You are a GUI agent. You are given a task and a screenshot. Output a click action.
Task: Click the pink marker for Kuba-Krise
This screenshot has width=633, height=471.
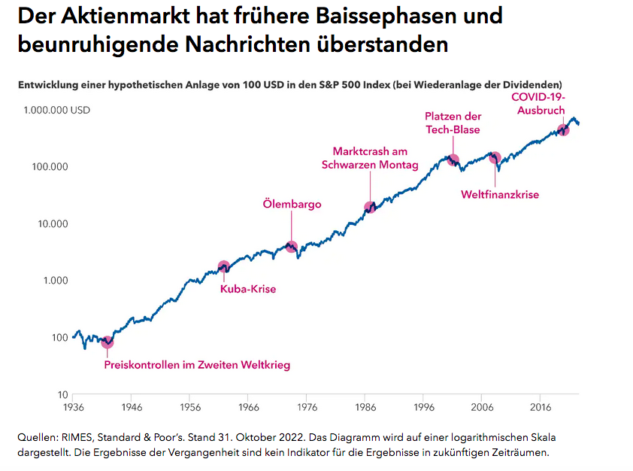point(223,266)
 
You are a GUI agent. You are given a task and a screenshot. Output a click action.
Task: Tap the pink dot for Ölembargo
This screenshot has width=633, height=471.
point(292,246)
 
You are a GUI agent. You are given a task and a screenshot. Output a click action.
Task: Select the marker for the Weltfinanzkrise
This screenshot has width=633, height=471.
point(495,157)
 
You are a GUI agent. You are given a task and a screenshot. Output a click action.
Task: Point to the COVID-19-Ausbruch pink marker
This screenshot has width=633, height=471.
point(563,129)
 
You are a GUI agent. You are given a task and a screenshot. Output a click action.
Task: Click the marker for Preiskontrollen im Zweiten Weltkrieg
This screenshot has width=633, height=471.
point(108,343)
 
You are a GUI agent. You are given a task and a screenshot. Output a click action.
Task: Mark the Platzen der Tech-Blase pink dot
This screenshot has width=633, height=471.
point(453,160)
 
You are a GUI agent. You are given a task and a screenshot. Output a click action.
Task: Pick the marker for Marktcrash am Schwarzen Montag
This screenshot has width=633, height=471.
point(369,207)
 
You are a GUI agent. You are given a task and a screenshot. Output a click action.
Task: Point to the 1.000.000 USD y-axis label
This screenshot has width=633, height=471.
point(56,110)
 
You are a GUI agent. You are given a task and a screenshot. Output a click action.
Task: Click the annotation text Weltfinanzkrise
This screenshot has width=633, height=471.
point(499,195)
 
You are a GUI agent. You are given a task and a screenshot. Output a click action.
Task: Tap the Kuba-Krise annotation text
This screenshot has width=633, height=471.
point(247,289)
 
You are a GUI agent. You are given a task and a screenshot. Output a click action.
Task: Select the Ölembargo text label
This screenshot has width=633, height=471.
point(292,204)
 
